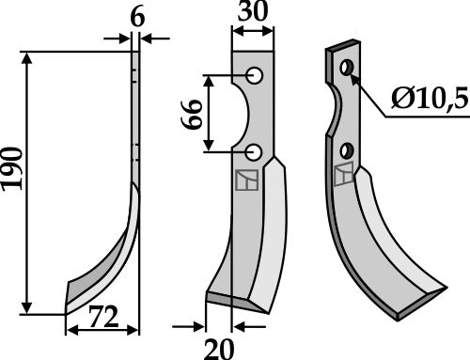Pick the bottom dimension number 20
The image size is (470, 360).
(220, 348)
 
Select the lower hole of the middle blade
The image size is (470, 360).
(254, 150)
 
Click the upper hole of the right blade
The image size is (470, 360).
(348, 67)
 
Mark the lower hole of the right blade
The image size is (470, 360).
(349, 149)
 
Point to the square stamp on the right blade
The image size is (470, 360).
(343, 173)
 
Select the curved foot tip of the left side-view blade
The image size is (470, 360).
(67, 307)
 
